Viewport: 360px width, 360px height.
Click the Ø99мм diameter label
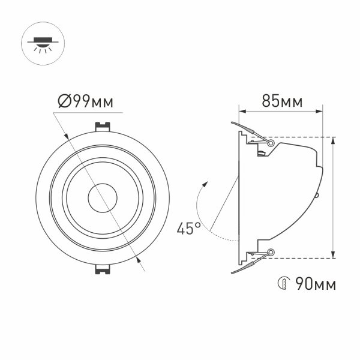(86, 101)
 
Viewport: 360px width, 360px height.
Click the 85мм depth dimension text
(281, 101)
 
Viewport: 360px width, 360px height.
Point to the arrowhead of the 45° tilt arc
(206, 183)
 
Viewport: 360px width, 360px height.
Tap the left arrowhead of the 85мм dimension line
(242, 110)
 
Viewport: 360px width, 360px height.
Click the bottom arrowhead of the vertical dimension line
(334, 255)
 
